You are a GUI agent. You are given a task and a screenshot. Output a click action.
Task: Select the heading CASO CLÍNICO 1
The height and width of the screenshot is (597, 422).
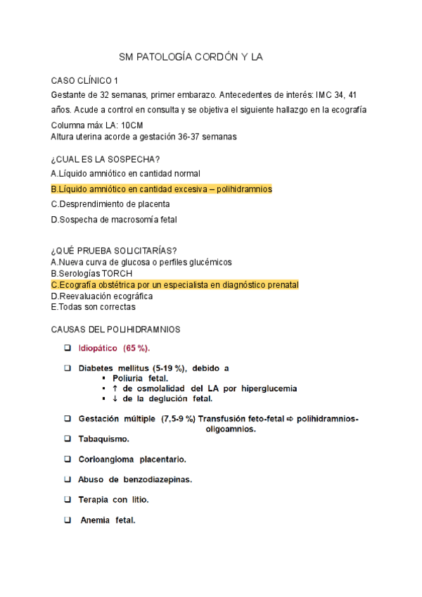pyautogui.click(x=85, y=80)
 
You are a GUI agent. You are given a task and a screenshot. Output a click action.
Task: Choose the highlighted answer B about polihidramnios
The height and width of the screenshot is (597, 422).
pyautogui.click(x=162, y=189)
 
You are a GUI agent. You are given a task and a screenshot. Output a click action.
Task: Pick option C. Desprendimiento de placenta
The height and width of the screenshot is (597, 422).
pyautogui.click(x=110, y=204)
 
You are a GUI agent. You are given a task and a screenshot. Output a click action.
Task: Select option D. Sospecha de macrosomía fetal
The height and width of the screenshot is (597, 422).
pyautogui.click(x=115, y=219)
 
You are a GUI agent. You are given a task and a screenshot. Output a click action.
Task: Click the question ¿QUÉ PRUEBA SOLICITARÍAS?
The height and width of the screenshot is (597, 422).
pyautogui.click(x=114, y=251)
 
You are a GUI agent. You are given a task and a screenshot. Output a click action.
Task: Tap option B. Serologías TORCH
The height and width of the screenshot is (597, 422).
pyautogui.click(x=91, y=273)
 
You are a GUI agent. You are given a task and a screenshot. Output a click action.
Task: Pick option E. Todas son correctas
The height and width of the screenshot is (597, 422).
pyautogui.click(x=94, y=307)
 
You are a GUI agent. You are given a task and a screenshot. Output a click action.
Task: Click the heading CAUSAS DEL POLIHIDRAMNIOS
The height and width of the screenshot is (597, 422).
pyautogui.click(x=116, y=329)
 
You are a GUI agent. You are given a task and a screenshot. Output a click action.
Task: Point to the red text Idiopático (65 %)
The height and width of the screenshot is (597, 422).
pyautogui.click(x=114, y=348)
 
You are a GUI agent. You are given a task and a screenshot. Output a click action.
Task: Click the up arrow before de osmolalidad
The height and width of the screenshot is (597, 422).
pyautogui.click(x=104, y=389)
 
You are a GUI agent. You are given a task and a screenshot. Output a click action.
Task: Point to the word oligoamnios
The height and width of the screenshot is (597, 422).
pyautogui.click(x=231, y=429)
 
